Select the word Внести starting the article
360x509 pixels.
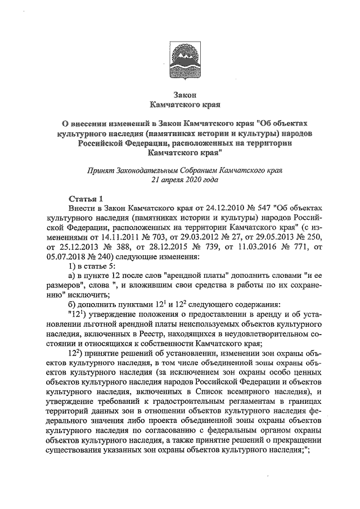pyautogui.click(x=82, y=209)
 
